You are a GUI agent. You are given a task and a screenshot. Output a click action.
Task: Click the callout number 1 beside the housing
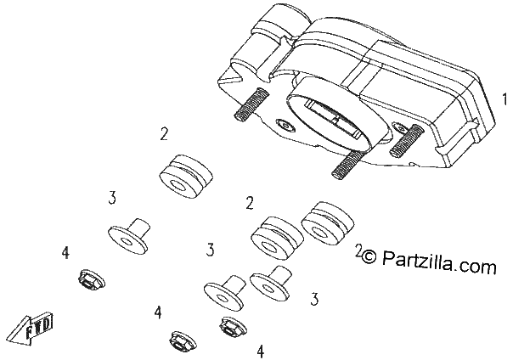pyautogui.click(x=505, y=99)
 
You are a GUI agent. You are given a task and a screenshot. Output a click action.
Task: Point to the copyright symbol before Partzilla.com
pyautogui.click(x=369, y=256)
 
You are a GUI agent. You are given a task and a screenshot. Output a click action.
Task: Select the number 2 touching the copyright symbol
pyautogui.click(x=358, y=250)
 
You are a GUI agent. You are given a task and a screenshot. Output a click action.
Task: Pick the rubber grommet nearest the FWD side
pyautogui.click(x=186, y=176)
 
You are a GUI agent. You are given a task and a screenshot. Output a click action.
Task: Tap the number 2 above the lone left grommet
pyautogui.click(x=164, y=133)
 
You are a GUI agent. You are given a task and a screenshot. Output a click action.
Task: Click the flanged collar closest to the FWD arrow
pyautogui.click(x=129, y=236)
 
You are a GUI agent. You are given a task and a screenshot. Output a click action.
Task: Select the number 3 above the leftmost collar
pyautogui.click(x=112, y=198)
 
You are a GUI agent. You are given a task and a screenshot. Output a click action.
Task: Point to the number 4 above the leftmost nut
pyautogui.click(x=65, y=252)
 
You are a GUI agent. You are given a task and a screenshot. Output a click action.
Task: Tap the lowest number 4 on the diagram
pyautogui.click(x=261, y=352)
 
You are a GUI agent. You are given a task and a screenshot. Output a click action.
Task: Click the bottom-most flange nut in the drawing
pyautogui.click(x=183, y=341)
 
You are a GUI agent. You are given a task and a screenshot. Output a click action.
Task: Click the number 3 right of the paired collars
pyautogui.click(x=314, y=299)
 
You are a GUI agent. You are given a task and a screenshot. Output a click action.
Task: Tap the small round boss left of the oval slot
pyautogui.click(x=286, y=126)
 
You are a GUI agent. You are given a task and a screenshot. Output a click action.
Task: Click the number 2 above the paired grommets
pyautogui.click(x=250, y=203)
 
